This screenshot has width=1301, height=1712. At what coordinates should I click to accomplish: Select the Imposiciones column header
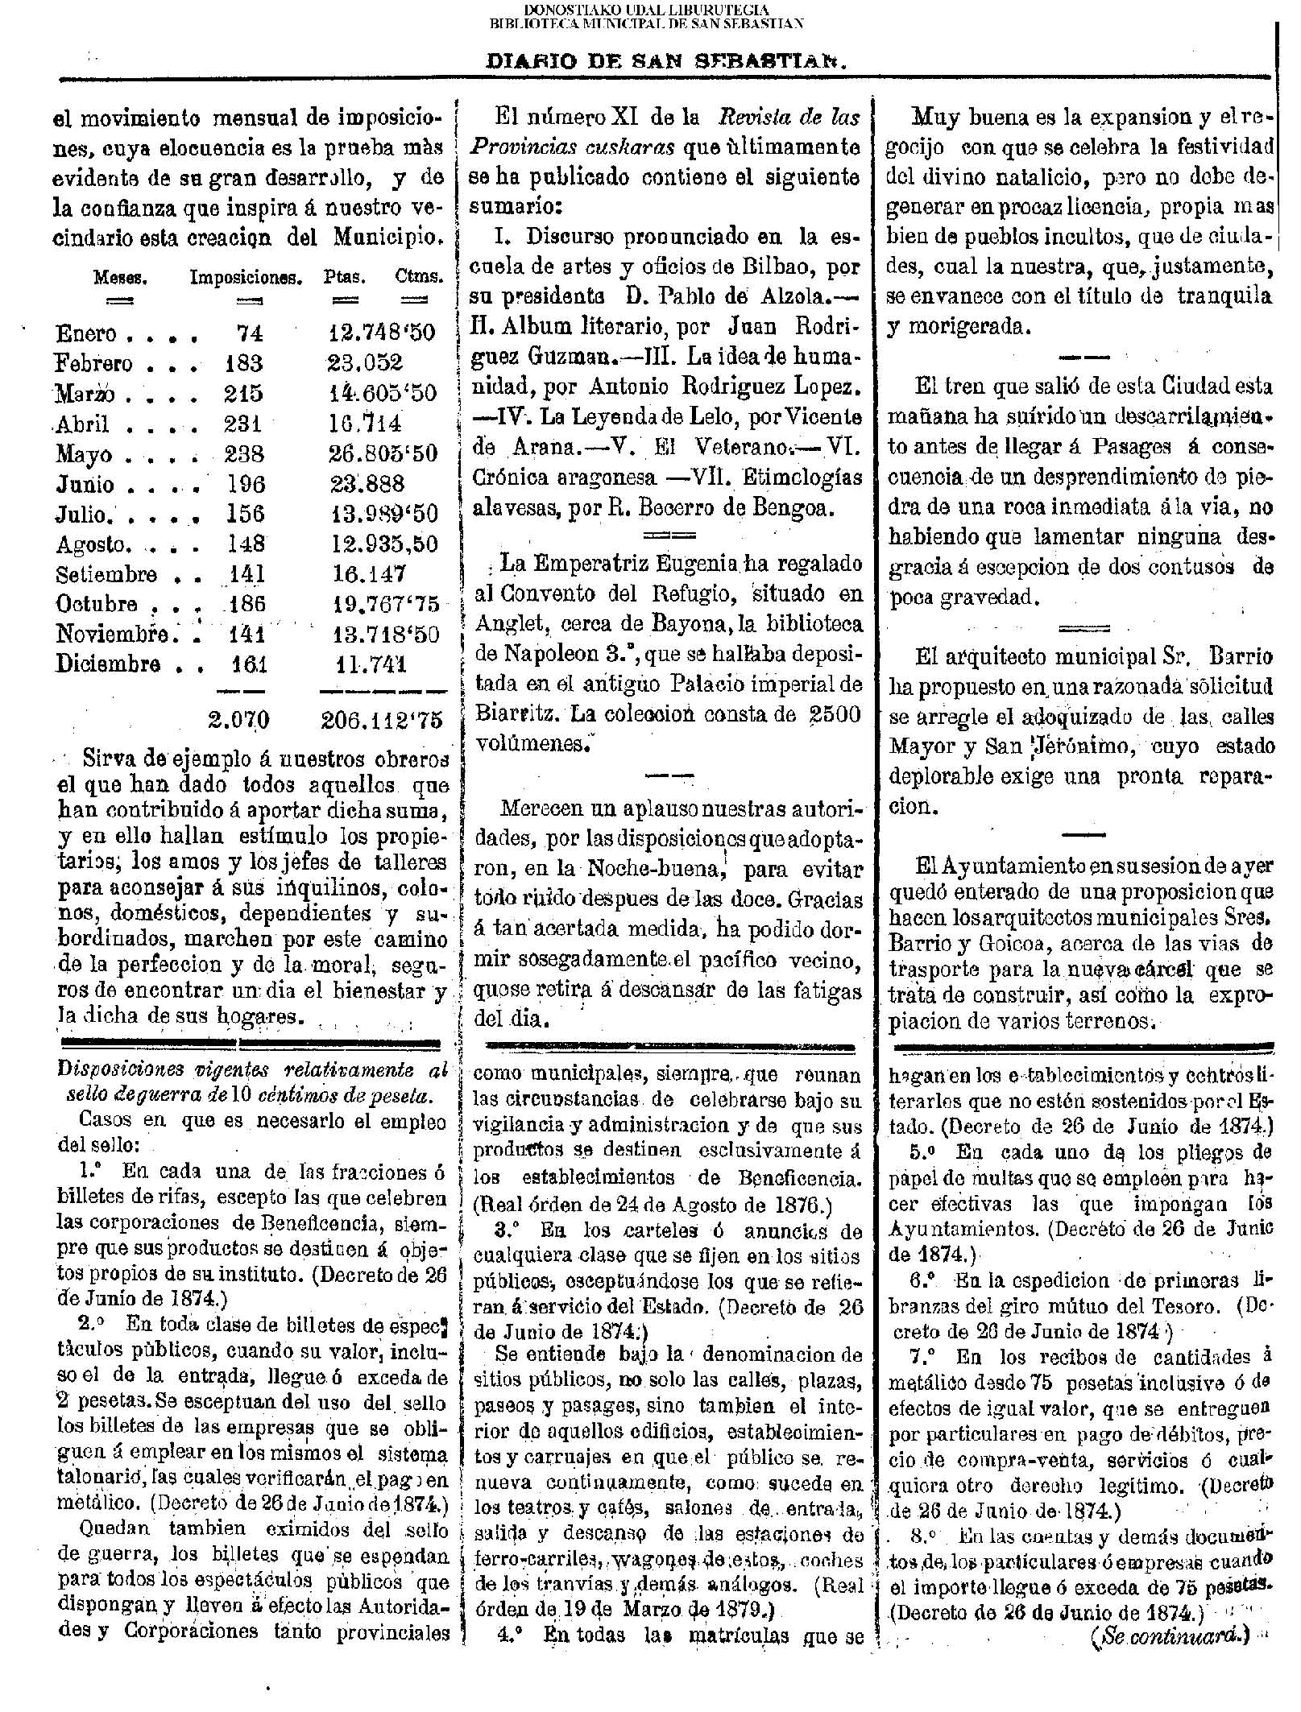246,278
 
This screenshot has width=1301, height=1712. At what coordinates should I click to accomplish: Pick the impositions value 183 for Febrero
243,363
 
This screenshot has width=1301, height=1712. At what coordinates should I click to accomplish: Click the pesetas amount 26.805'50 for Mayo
383,453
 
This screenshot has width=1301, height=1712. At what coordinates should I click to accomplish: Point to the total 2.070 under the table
238,719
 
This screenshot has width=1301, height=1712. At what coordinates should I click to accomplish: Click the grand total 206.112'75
382,719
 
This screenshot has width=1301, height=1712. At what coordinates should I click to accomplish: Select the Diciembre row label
107,664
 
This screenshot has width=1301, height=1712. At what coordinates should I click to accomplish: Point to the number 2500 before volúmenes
833,714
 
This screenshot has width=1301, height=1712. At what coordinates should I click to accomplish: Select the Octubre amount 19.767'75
386,604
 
